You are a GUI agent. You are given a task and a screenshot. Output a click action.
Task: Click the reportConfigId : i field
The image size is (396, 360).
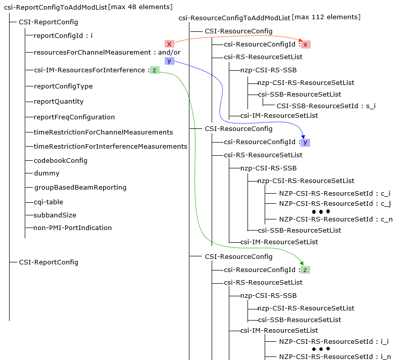(x=63, y=36)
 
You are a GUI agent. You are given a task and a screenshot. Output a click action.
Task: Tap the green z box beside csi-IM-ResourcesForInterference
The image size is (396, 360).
(x=155, y=70)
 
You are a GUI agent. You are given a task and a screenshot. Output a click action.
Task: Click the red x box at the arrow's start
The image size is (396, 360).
(x=169, y=44)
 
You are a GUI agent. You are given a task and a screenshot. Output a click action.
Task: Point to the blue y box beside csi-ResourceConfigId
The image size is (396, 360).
(x=305, y=143)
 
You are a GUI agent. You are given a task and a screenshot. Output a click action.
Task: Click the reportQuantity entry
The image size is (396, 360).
(x=59, y=102)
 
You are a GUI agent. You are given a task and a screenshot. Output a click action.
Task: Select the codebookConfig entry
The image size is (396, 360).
(x=60, y=161)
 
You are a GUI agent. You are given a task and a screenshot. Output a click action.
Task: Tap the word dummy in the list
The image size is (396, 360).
(x=46, y=173)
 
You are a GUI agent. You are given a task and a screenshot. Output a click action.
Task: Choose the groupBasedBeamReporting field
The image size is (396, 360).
(x=80, y=188)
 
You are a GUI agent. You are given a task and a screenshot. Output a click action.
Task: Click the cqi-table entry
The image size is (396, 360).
(x=48, y=202)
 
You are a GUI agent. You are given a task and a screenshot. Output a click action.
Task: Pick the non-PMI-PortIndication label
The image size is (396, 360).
(x=73, y=228)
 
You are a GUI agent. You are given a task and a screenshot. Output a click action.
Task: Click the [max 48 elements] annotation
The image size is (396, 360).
(x=140, y=7)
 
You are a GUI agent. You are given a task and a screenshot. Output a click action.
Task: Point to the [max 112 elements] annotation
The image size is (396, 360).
(x=326, y=17)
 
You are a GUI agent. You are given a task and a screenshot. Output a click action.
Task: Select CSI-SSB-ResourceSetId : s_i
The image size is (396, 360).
(x=326, y=106)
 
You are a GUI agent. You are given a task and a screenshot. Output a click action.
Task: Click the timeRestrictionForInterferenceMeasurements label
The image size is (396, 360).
(x=110, y=147)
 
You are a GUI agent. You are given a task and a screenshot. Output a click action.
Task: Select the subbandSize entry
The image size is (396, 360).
(x=55, y=215)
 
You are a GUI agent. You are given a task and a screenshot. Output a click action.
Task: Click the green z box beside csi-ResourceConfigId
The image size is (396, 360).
(x=306, y=270)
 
